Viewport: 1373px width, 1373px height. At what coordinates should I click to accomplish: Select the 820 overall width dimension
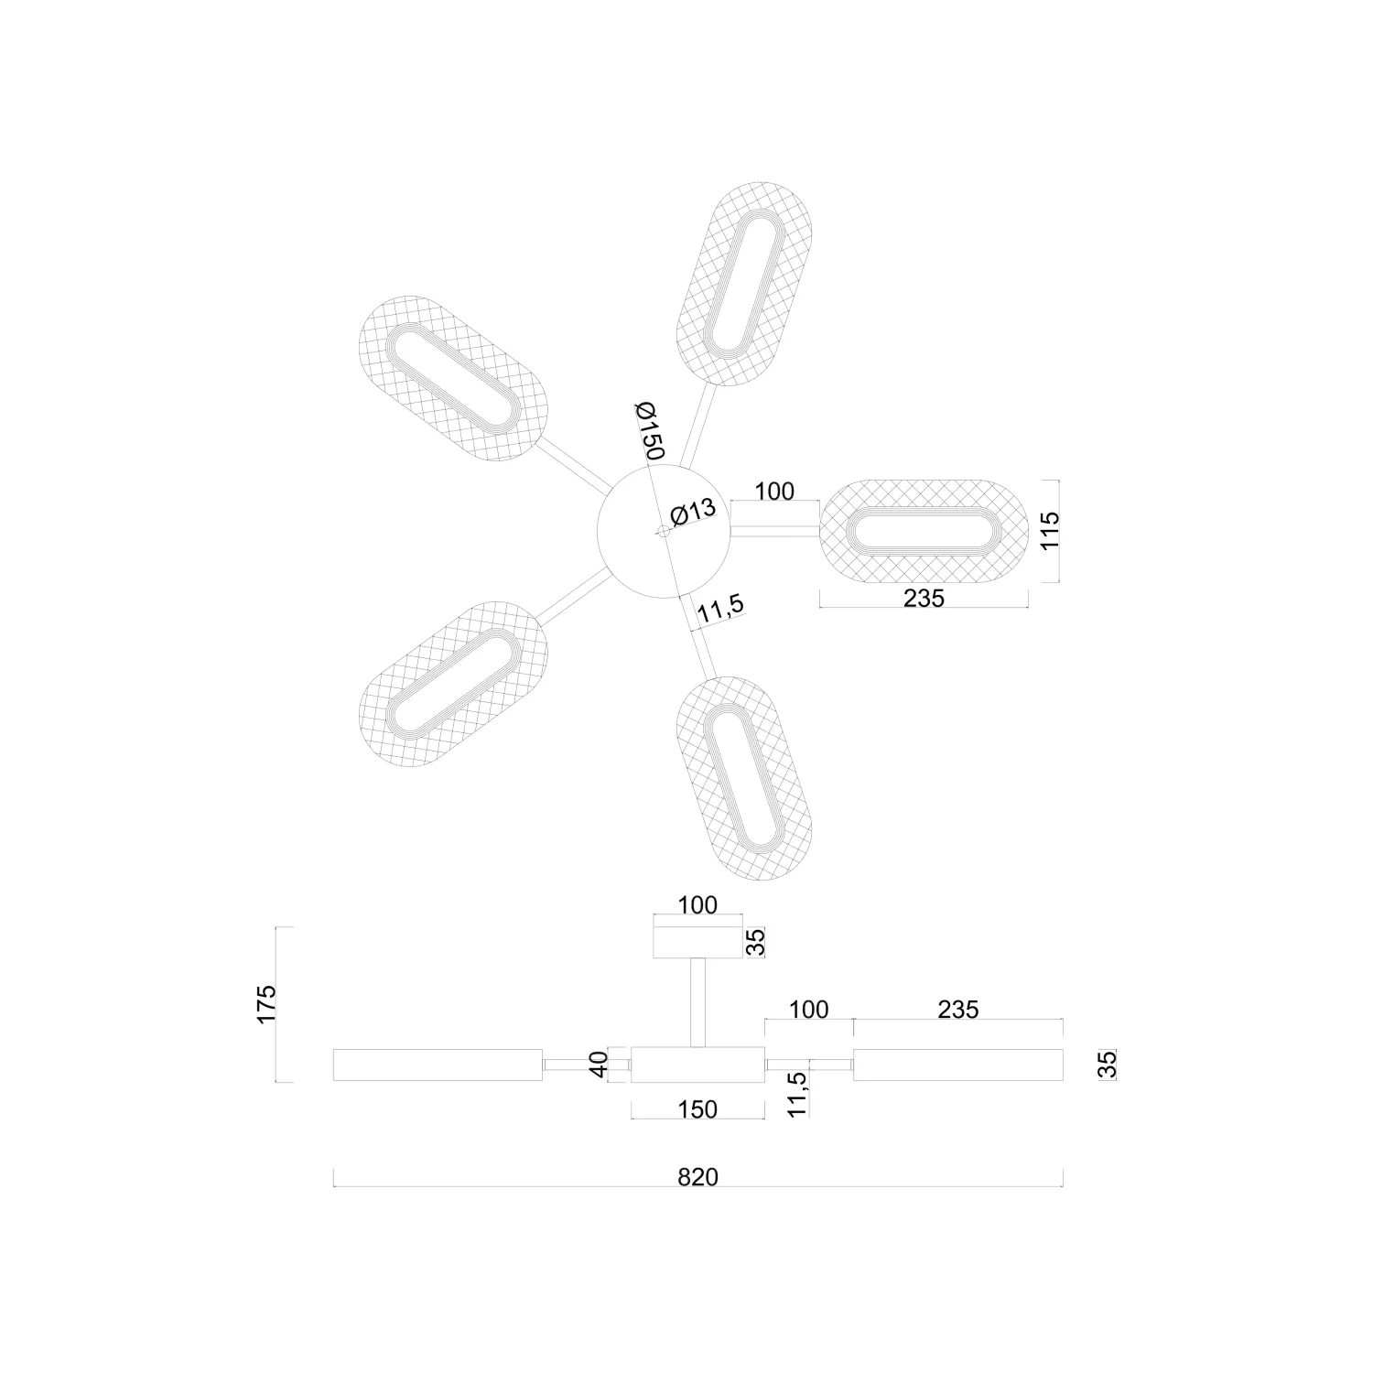click(697, 1177)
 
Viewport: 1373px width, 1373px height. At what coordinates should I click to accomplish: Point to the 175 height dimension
click(266, 1004)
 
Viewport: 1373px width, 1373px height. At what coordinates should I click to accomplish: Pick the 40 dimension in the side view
click(599, 1065)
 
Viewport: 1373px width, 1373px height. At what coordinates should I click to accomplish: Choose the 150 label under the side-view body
click(697, 1109)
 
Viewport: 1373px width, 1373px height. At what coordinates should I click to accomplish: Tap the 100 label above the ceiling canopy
click(697, 905)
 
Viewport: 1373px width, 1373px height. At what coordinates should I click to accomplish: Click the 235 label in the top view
click(923, 599)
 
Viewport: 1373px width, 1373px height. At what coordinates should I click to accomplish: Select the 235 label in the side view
click(957, 1010)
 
